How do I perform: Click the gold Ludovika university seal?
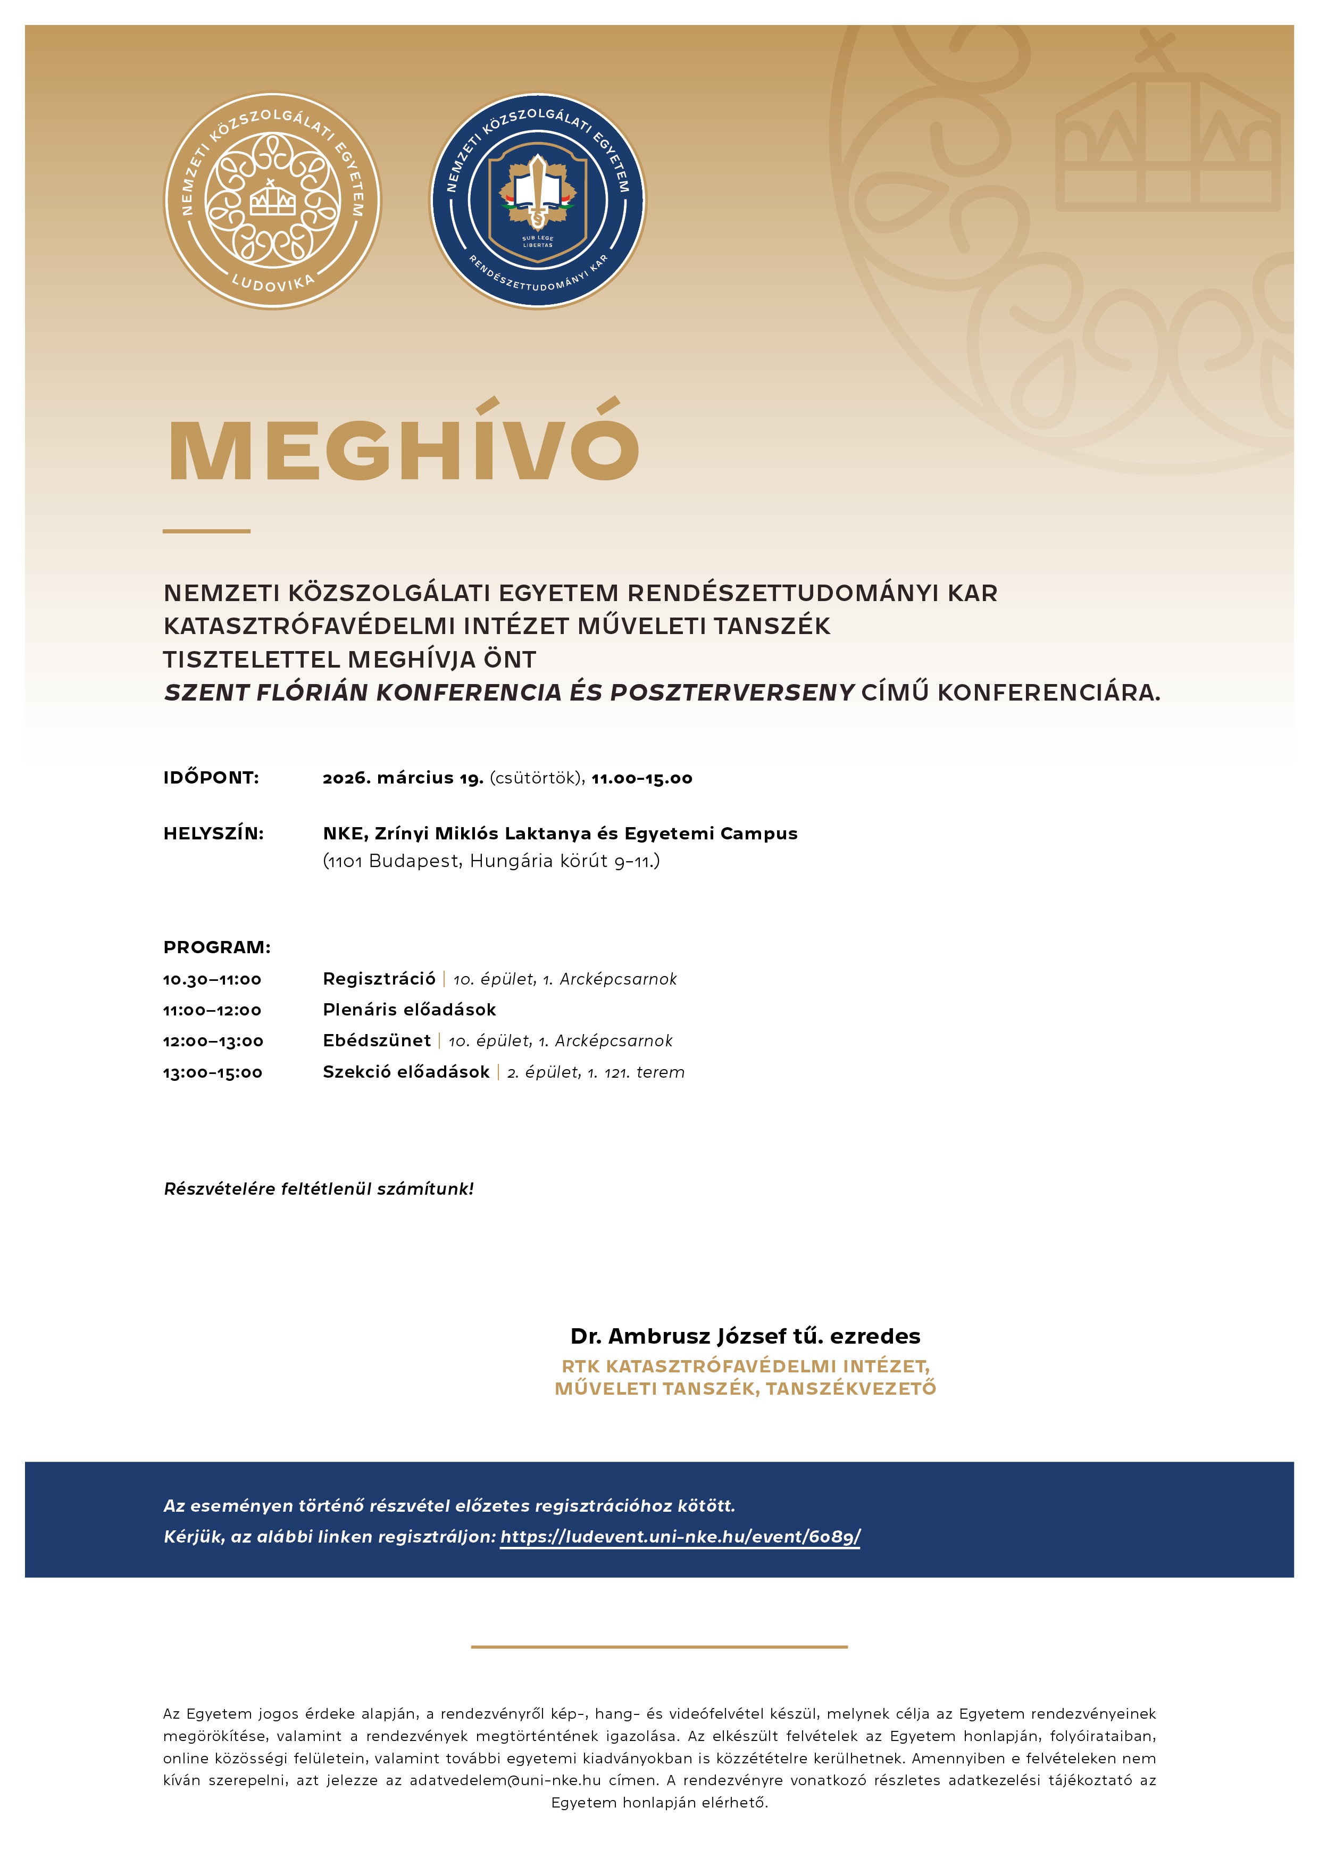coord(272,200)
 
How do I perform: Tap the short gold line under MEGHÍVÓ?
coord(206,531)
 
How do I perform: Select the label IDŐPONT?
coord(211,778)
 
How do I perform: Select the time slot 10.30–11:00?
coord(212,979)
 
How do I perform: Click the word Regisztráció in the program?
coord(379,979)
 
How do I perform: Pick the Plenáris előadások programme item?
coord(409,1010)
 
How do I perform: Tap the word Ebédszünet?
coord(376,1040)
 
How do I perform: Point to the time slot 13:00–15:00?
coord(212,1073)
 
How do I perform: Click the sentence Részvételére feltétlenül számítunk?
coord(319,1189)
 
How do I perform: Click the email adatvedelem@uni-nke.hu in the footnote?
coord(505,1780)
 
